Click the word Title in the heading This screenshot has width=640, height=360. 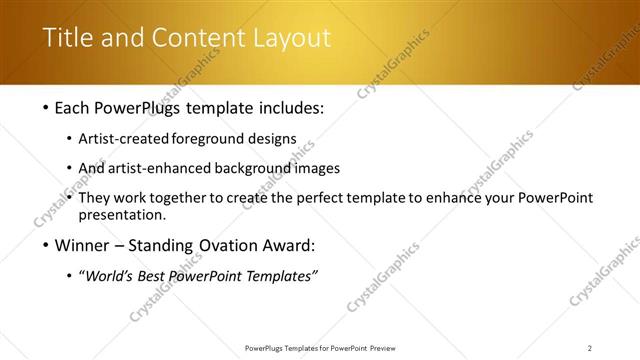(67, 39)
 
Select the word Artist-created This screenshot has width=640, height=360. (130, 138)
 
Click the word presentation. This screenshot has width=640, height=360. (128, 214)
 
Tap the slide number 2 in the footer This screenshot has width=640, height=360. (590, 348)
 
